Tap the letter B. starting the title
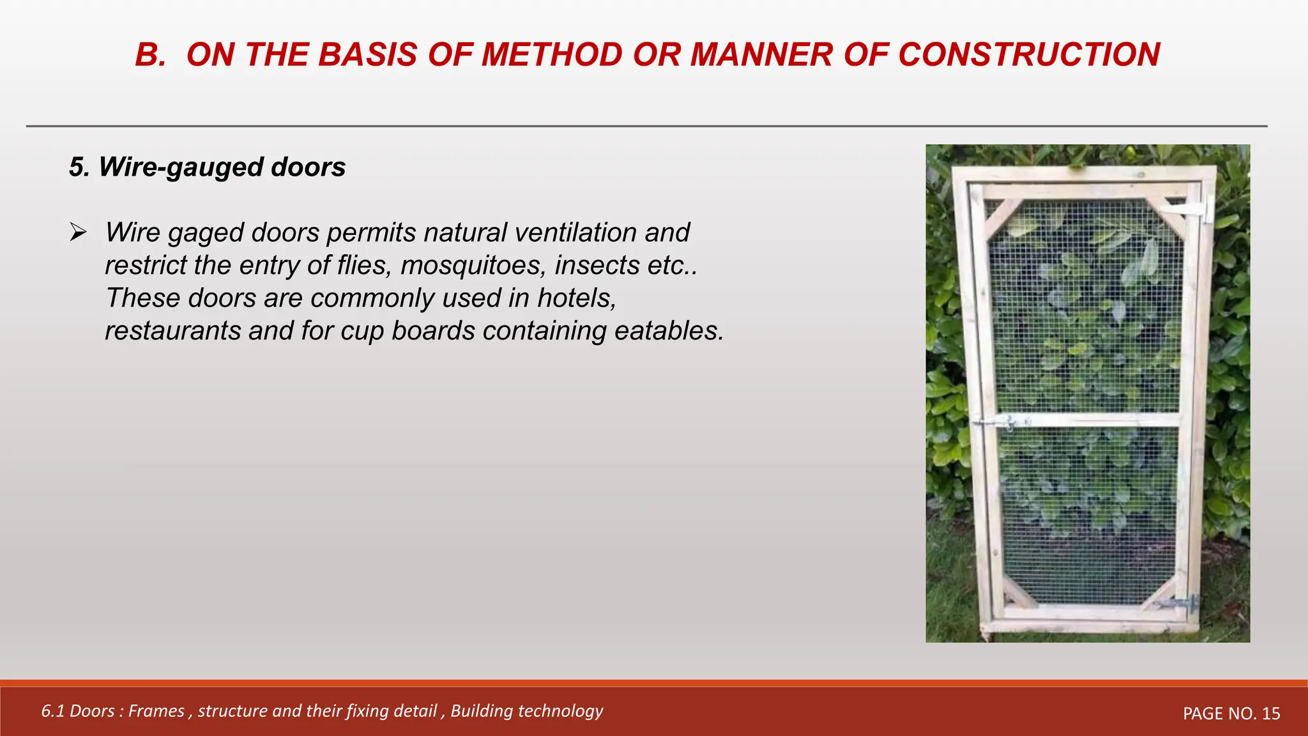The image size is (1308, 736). pos(151,54)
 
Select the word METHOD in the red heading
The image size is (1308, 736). pos(551,54)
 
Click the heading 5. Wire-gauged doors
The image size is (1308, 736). pos(207,167)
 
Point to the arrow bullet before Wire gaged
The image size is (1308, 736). pos(78,233)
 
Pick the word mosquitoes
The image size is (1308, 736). pos(473,265)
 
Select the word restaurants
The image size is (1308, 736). pos(172,331)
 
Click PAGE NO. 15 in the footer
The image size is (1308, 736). pos(1231,714)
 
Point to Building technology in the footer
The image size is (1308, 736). pos(526,711)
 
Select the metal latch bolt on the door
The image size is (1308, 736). pos(1001,422)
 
